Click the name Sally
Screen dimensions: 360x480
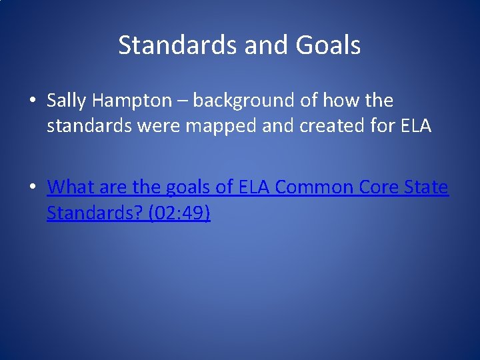67,101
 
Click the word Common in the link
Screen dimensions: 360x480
317,187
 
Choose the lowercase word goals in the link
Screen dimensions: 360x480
187,188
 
